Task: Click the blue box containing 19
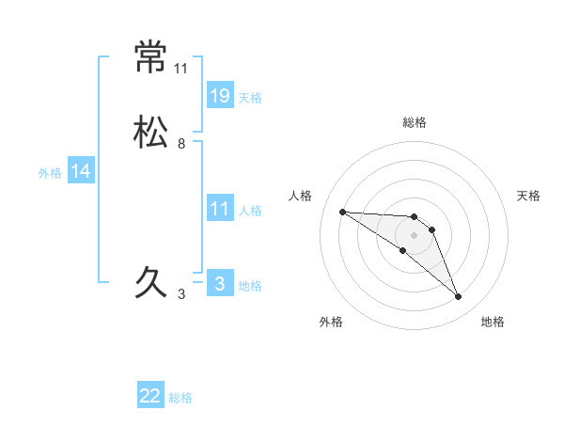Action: pos(220,95)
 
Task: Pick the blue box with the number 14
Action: pos(81,171)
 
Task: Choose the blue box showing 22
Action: pos(150,396)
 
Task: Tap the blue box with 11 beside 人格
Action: pos(220,209)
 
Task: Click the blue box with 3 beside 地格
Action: pos(220,283)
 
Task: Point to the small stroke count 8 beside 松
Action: pos(181,144)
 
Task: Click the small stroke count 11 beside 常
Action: pos(181,69)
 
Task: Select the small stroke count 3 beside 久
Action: pos(181,294)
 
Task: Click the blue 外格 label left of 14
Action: pos(50,173)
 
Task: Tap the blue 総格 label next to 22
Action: pos(181,398)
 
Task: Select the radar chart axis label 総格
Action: pos(415,122)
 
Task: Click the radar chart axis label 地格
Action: pos(493,322)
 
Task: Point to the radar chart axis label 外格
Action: pos(331,322)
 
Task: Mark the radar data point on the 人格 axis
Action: pos(342,212)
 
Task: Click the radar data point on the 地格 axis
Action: pos(458,296)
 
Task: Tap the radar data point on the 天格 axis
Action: pos(431,229)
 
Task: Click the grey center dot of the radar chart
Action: pos(414,235)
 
